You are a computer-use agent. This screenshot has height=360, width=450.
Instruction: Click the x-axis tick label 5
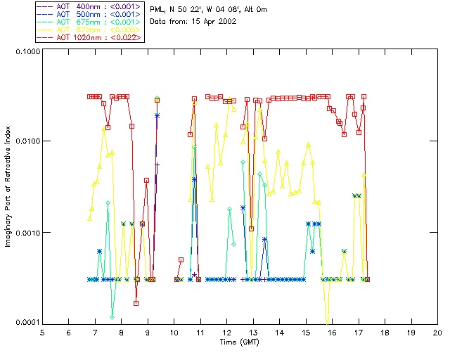42,333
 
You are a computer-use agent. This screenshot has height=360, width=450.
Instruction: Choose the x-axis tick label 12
226,333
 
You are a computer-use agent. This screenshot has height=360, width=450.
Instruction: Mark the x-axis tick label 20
437,333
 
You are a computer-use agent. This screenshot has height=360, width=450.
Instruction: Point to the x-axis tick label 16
332,333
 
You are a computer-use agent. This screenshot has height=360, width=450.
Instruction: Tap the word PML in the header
157,8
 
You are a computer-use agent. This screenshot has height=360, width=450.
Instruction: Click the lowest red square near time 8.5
136,303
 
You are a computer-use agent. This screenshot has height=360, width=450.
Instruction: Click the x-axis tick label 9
148,333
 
